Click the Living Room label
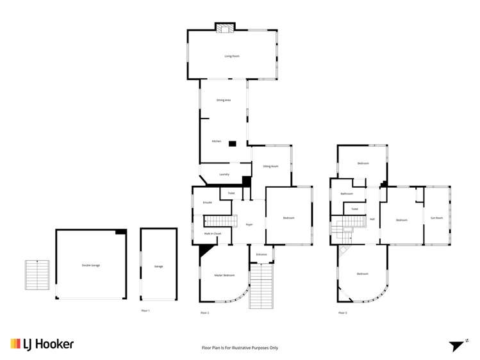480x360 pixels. coord(232,56)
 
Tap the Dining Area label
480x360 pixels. coord(224,100)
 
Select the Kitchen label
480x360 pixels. coord(217,142)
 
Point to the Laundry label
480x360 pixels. coord(224,174)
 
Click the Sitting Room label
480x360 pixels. coord(270,166)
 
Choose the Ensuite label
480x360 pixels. coord(207,202)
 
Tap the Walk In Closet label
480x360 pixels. coord(213,234)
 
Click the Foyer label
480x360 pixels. coord(249,224)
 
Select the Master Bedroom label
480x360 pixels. coord(224,275)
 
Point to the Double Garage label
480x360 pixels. coord(91,265)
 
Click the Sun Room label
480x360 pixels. coord(436,218)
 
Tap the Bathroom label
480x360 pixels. coord(347,193)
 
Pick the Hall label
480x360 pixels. coord(372,219)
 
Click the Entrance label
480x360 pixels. coord(261,254)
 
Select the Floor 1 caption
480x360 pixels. coord(145,311)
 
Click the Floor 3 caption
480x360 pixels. coord(342,313)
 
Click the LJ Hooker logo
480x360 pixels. coord(42,344)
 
